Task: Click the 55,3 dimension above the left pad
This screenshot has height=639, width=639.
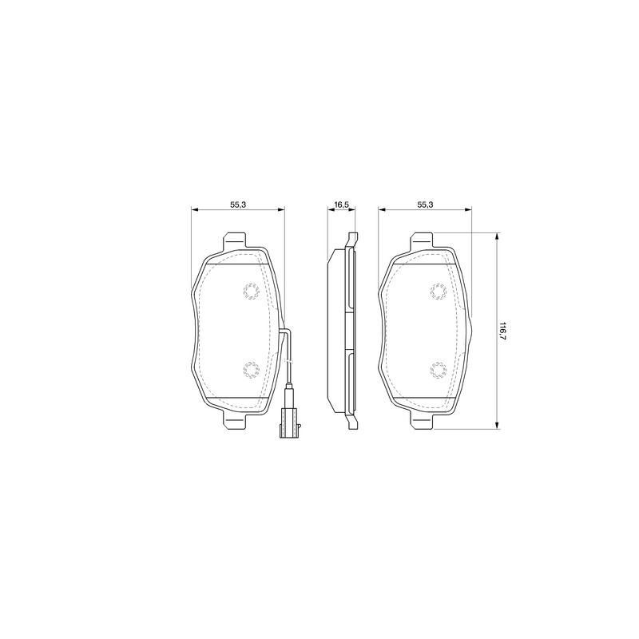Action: coord(237,204)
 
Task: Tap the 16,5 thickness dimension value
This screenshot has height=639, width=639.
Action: coord(342,204)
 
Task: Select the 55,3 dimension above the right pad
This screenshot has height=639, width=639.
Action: coord(425,204)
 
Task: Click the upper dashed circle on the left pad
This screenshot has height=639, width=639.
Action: coord(251,292)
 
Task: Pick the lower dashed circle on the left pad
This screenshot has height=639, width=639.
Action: coord(251,370)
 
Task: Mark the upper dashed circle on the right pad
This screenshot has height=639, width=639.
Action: coord(439,292)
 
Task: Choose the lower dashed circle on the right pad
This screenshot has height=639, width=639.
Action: coord(439,370)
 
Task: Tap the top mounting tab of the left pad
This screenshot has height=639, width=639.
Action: coord(235,240)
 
